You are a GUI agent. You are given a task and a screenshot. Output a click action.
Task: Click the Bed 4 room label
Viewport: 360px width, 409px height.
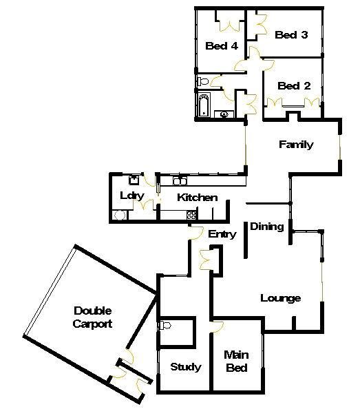pos(222,46)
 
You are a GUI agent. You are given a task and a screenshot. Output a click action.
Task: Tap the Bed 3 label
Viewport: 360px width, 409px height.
pos(291,34)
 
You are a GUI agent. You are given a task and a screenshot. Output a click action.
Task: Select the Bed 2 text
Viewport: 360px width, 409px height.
pos(294,85)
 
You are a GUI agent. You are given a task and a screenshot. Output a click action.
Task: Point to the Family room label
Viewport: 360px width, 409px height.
pos(296,145)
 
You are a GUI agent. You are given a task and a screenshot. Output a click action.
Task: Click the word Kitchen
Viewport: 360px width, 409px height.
pos(198,198)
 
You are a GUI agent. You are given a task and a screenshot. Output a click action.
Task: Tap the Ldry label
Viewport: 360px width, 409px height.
pos(132,196)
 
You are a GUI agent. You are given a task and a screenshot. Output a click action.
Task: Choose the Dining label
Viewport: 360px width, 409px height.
pos(267,227)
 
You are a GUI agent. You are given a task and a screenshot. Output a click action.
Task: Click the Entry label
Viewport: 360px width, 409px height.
pos(222,234)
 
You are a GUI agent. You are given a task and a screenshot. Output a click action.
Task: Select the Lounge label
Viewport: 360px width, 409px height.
pos(280,298)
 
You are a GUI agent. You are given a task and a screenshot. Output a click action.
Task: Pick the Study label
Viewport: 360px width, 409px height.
pos(186,367)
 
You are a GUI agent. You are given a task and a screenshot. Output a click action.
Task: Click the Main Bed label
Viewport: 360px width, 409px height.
pos(236,361)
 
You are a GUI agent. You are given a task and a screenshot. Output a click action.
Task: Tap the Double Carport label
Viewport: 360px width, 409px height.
pos(92,317)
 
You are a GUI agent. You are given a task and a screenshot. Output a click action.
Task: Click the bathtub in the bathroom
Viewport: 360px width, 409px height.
pos(204,105)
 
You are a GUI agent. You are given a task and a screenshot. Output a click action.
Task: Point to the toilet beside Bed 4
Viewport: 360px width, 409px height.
pos(203,81)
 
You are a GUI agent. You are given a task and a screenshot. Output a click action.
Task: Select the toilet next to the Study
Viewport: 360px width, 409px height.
pos(165,325)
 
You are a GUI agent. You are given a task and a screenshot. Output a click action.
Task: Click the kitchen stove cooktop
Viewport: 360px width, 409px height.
pos(191,215)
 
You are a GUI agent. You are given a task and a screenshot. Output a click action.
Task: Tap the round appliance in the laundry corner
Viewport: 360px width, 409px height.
pos(120,216)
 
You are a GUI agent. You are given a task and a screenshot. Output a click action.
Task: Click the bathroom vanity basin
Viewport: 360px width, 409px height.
pos(224,114)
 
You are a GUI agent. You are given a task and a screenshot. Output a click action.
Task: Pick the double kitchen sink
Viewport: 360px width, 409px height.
pos(180,181)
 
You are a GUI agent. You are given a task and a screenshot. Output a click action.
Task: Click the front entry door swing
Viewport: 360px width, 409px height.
pos(196,233)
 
